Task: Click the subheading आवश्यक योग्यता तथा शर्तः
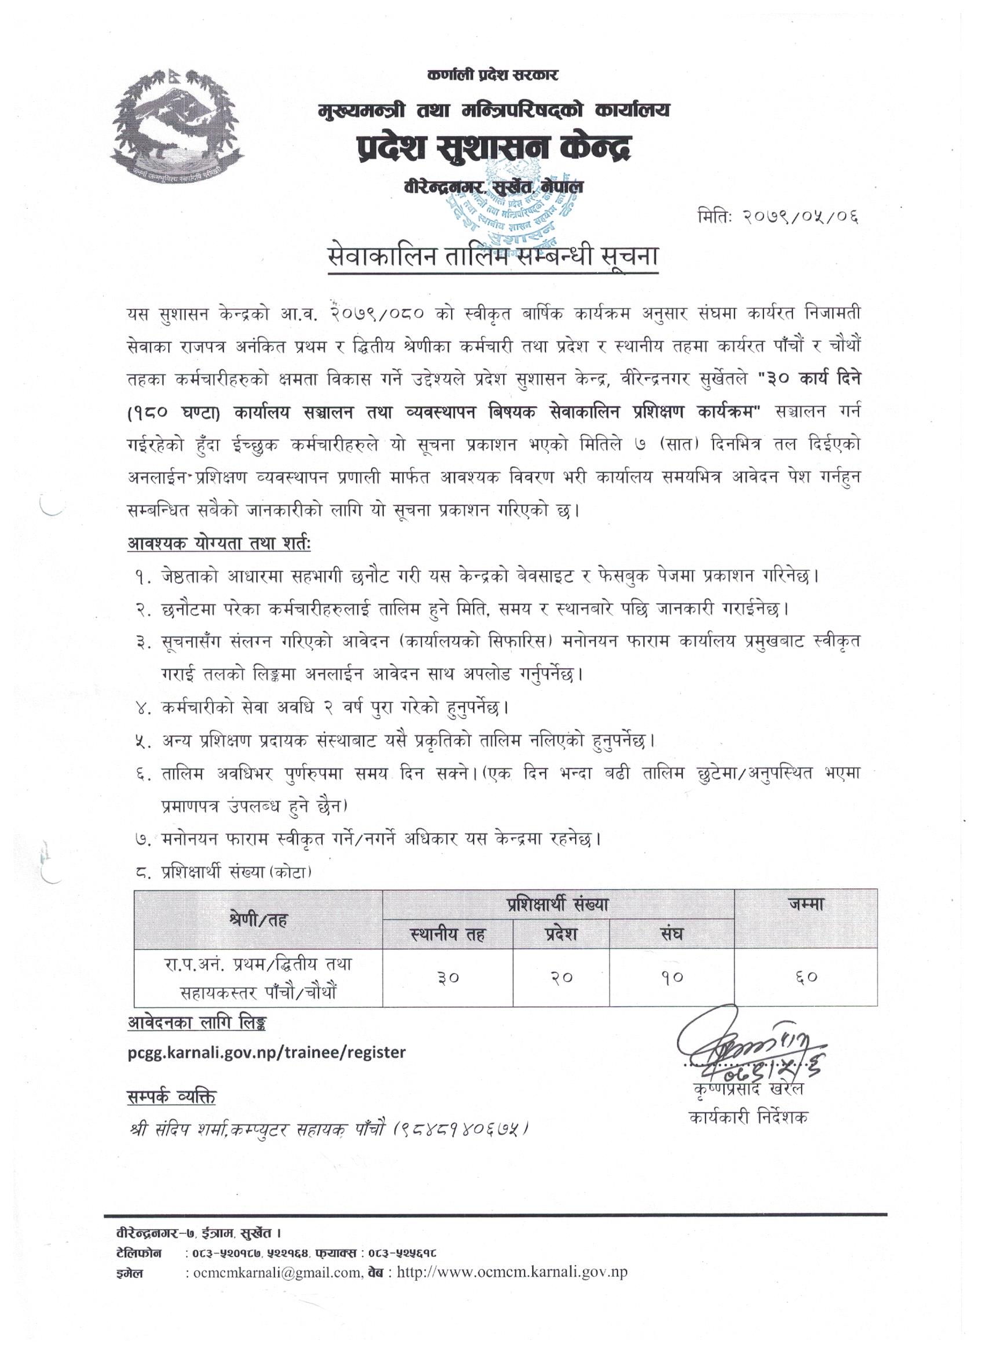[219, 545]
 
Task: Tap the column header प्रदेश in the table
[561, 934]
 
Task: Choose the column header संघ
[672, 934]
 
